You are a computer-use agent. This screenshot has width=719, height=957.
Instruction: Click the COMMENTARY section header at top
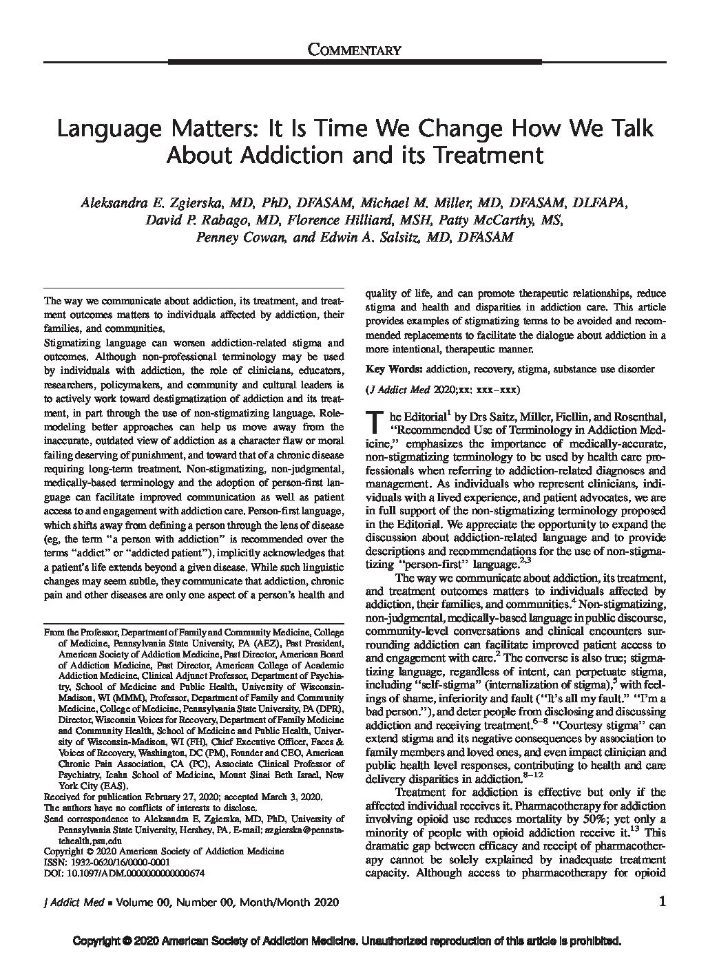click(354, 49)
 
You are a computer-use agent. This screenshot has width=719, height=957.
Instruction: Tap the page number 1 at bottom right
click(663, 902)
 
